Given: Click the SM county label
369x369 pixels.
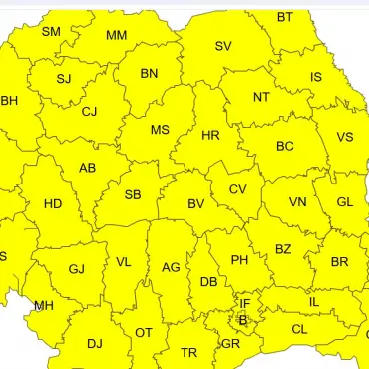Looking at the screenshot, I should [51, 32].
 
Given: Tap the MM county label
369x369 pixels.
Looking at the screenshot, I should [116, 36].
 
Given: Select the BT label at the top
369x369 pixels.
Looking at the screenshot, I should [285, 17].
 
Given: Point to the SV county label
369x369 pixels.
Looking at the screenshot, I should [223, 46].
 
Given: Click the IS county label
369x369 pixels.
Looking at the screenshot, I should [316, 77].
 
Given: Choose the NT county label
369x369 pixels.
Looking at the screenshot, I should [261, 97].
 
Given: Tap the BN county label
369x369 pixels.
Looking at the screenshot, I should [149, 73].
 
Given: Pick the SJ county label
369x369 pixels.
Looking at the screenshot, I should [64, 79].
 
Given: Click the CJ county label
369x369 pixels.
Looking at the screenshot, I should [89, 111].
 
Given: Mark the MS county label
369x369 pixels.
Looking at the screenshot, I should [160, 130].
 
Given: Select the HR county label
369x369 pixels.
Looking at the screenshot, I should [211, 135].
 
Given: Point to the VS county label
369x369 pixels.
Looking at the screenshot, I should [344, 137].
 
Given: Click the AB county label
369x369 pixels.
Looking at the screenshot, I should [88, 168].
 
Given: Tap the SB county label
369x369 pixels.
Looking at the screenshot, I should [133, 194].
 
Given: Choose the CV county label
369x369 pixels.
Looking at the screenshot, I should [237, 189].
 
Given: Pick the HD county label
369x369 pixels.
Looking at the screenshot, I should [54, 204].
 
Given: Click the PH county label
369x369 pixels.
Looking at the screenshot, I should [239, 260].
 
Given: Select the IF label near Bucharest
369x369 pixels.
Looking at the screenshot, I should [244, 303].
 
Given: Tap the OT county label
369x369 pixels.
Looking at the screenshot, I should [144, 332].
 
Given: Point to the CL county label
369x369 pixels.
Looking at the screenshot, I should [299, 329].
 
